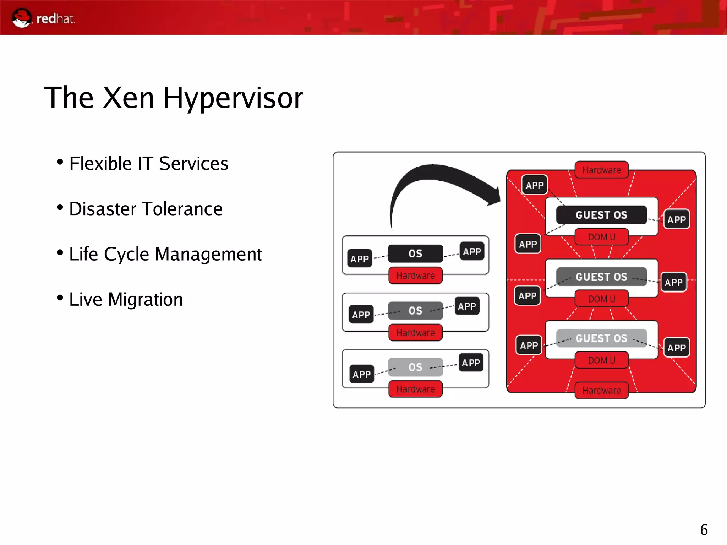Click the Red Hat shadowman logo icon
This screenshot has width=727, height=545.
(x=21, y=18)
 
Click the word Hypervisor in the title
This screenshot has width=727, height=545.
(x=233, y=98)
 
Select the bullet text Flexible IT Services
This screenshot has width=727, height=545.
(x=148, y=164)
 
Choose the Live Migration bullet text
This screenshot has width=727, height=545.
(x=126, y=299)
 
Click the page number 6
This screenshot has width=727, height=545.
(x=704, y=530)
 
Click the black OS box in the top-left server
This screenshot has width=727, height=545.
(x=415, y=254)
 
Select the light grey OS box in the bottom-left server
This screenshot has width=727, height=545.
(x=415, y=367)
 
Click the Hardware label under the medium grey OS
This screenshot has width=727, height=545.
(x=415, y=333)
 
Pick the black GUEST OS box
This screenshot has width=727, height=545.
(x=601, y=215)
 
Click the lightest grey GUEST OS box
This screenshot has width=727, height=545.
(x=601, y=338)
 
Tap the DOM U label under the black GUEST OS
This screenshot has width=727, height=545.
(x=601, y=237)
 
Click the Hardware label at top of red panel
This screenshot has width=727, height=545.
(x=601, y=170)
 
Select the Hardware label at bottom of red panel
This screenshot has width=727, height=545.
(x=601, y=390)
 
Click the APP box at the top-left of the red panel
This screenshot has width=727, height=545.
(x=535, y=185)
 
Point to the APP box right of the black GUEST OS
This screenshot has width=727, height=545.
(x=676, y=219)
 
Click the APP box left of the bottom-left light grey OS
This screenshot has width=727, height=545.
(x=361, y=374)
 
